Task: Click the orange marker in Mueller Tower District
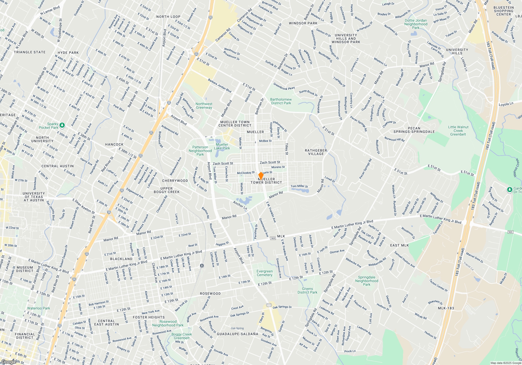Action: pyautogui.click(x=261, y=176)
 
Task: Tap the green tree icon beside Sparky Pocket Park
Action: pyautogui.click(x=62, y=125)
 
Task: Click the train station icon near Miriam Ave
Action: pyautogui.click(x=202, y=266)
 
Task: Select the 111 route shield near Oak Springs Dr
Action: pyautogui.click(x=269, y=305)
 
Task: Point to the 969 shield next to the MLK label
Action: pyautogui.click(x=273, y=238)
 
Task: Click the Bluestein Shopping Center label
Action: pyautogui.click(x=503, y=11)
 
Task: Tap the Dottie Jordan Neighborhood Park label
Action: pyautogui.click(x=416, y=24)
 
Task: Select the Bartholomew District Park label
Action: pyautogui.click(x=281, y=101)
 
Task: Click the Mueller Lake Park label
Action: pyautogui.click(x=222, y=146)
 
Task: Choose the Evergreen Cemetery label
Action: pyautogui.click(x=264, y=273)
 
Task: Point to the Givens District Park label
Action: pyautogui.click(x=307, y=290)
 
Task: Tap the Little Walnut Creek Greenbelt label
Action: pyautogui.click(x=458, y=131)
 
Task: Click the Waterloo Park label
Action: pyautogui.click(x=39, y=308)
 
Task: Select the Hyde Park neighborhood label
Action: pyautogui.click(x=68, y=53)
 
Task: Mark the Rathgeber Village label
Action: pyautogui.click(x=316, y=152)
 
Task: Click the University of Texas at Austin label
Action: pyautogui.click(x=34, y=197)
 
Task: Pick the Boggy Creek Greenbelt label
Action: pyautogui.click(x=182, y=336)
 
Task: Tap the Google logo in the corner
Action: pyautogui.click(x=9, y=362)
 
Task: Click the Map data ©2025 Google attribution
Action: pyautogui.click(x=506, y=363)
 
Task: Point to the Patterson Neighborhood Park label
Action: pyautogui.click(x=200, y=151)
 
